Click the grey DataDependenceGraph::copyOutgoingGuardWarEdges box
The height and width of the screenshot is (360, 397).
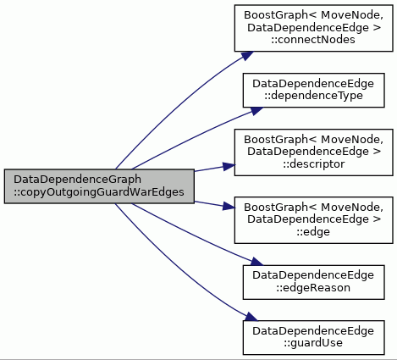point(99,186)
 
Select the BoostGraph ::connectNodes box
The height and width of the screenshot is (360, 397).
point(313,28)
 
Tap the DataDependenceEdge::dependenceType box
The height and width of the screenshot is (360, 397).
point(313,91)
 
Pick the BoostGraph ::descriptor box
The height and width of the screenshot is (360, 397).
point(313,152)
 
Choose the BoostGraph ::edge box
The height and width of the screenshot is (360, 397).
point(313,220)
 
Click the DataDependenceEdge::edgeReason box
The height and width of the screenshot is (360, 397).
point(313,282)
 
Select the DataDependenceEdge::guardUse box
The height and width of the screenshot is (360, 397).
point(313,338)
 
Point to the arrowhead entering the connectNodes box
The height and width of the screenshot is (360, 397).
point(247,56)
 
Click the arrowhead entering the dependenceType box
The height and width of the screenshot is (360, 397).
point(256,111)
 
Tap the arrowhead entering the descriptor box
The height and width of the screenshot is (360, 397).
point(229,166)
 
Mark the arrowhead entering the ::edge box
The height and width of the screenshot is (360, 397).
point(229,206)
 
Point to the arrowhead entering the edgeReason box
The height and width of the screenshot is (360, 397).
point(256,262)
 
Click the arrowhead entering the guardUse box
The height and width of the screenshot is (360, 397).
point(251,317)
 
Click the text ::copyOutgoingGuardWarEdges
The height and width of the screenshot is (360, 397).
point(99,192)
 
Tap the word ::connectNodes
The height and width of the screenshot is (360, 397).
point(313,40)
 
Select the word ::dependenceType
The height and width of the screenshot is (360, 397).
point(313,96)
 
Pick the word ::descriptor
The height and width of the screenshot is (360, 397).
point(314,164)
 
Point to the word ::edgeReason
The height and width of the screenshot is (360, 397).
point(313,288)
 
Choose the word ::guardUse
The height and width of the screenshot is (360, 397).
point(313,343)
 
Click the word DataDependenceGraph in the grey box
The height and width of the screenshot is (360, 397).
point(78,180)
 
